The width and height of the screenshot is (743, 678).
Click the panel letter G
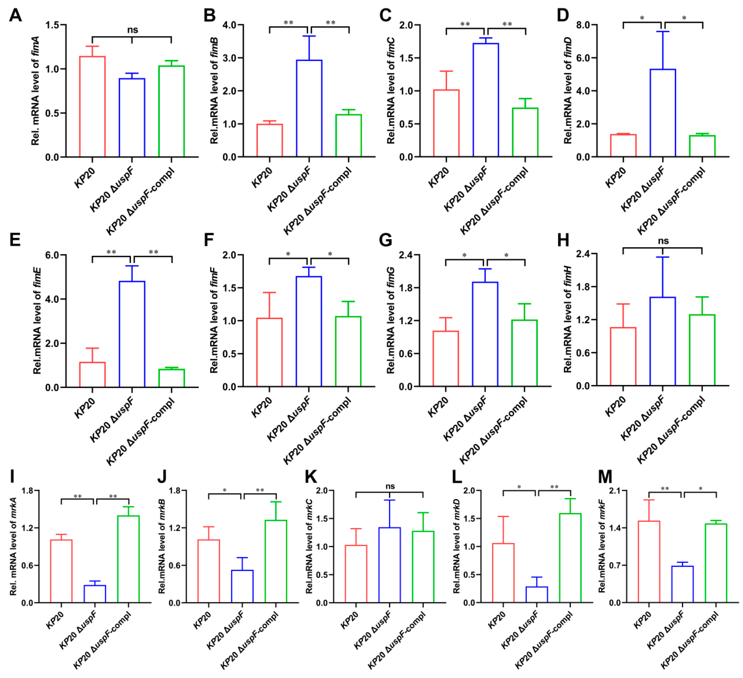click(385, 240)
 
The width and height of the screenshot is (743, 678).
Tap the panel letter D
click(563, 15)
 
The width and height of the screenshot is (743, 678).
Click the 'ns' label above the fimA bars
click(133, 30)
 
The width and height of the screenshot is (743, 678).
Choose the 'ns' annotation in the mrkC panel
click(390, 486)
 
